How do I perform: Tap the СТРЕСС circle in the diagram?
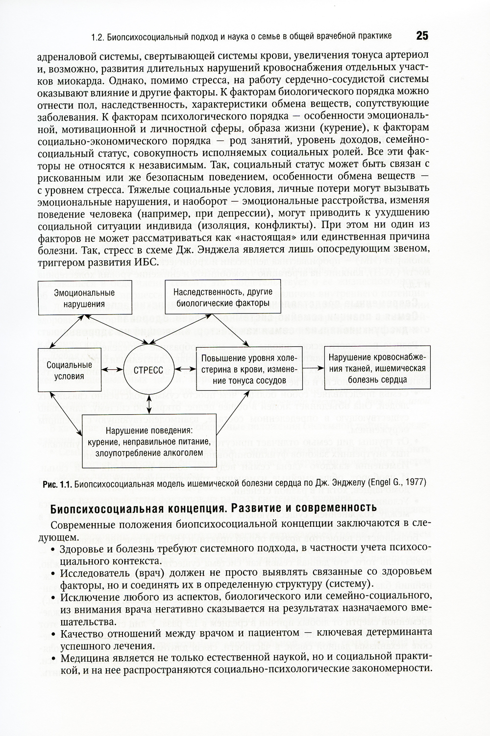coord(148,370)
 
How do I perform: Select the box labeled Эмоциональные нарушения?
coord(84,298)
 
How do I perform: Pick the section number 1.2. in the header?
coord(98,36)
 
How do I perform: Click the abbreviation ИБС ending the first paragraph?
coord(146,262)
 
